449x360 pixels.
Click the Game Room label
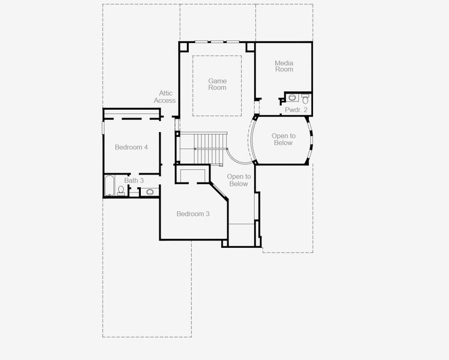point(218,84)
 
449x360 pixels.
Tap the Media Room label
point(284,66)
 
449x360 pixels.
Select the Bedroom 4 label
point(131,147)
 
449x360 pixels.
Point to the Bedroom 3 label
point(193,214)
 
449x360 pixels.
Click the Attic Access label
point(165,97)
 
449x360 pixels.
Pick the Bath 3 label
point(134,181)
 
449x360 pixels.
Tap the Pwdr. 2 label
point(296,109)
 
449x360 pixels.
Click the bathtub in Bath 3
point(109,185)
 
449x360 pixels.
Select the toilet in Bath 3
point(121,190)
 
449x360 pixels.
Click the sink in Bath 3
point(150,192)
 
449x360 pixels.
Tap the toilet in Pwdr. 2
point(305,99)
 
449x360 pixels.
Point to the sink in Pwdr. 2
point(292,97)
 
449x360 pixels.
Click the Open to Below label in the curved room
point(284,139)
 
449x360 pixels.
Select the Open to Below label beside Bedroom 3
point(239,180)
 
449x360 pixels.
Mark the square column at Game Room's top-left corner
point(183,47)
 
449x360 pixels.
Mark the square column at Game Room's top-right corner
point(250,47)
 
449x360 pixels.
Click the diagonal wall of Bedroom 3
point(219,191)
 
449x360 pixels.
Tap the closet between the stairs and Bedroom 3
point(192,174)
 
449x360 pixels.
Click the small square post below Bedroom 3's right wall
point(225,244)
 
